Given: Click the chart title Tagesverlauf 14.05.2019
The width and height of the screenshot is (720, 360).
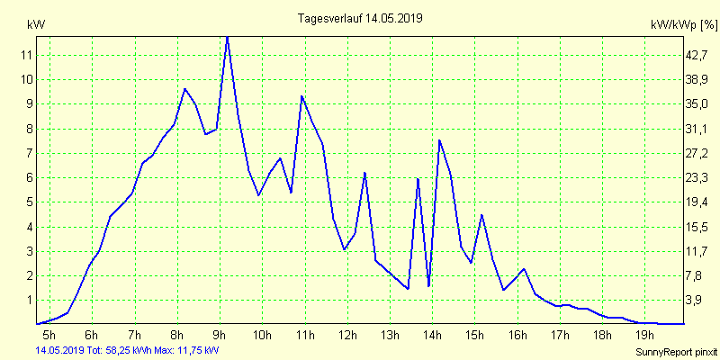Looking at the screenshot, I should point(359,18).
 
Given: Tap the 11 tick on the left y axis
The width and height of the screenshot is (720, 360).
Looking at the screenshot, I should point(27,55).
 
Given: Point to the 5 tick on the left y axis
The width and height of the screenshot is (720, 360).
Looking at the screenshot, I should point(29,202).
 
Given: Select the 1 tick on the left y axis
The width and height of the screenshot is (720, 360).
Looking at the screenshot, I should point(29,301).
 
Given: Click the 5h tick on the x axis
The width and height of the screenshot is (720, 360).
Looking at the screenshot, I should point(49,336).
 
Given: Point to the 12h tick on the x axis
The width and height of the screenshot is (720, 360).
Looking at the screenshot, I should point(347,336).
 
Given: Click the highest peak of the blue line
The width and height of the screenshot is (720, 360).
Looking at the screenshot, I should point(227,37).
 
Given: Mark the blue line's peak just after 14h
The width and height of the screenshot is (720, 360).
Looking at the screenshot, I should point(439,140).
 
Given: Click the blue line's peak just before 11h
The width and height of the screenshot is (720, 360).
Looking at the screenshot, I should point(301,96).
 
